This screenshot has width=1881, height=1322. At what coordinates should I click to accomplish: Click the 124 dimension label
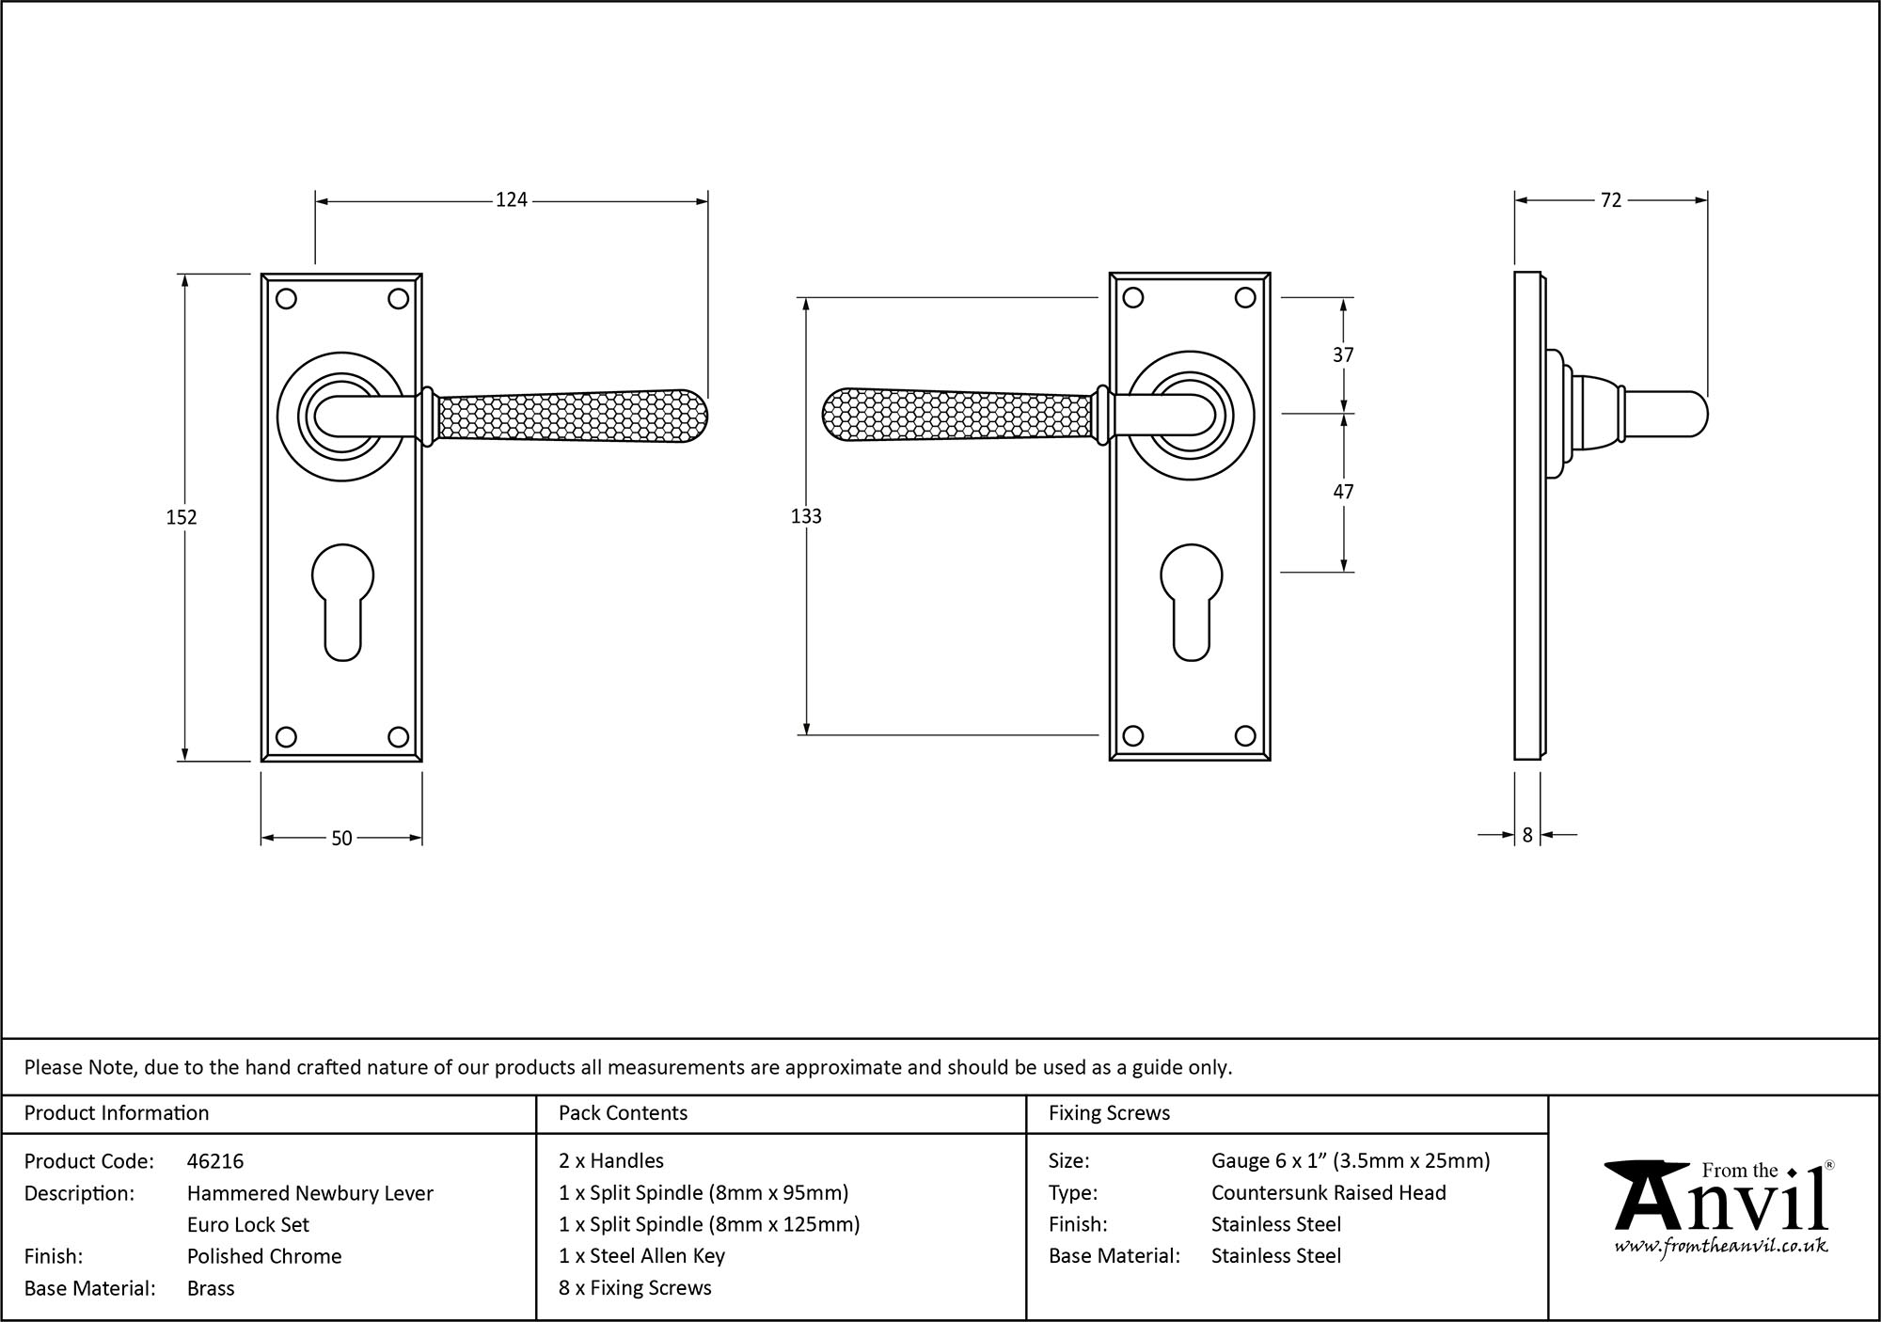pyautogui.click(x=512, y=199)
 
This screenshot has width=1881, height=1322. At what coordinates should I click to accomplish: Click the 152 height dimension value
pyautogui.click(x=182, y=517)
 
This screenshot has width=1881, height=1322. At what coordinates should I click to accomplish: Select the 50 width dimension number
pyautogui.click(x=341, y=838)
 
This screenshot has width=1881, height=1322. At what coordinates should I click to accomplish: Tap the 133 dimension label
pyautogui.click(x=806, y=516)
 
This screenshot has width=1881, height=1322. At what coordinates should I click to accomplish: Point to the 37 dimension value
pyautogui.click(x=1343, y=354)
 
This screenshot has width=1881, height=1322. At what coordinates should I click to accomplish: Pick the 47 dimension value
pyautogui.click(x=1343, y=492)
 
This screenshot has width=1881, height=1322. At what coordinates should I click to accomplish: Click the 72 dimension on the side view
pyautogui.click(x=1610, y=199)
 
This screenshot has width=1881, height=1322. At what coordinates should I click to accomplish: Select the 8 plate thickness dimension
pyautogui.click(x=1527, y=834)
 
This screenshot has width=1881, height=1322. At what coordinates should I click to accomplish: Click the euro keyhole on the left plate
pyautogui.click(x=341, y=602)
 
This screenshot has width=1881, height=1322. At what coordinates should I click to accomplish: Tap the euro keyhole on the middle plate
pyautogui.click(x=1191, y=602)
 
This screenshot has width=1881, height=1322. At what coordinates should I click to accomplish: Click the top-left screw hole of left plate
pyautogui.click(x=287, y=299)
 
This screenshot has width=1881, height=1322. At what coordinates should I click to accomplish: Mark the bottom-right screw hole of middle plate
pyautogui.click(x=1245, y=736)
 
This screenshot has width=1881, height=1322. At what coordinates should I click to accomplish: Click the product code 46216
pyautogui.click(x=215, y=1161)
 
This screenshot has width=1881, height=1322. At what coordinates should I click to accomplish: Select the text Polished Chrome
pyautogui.click(x=264, y=1256)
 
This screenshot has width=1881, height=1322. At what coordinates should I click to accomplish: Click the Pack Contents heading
pyautogui.click(x=623, y=1113)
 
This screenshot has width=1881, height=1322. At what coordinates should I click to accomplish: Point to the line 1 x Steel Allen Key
pyautogui.click(x=641, y=1256)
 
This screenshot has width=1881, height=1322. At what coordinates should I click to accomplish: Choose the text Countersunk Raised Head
pyautogui.click(x=1328, y=1193)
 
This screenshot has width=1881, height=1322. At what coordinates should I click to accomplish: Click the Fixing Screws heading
pyautogui.click(x=1109, y=1113)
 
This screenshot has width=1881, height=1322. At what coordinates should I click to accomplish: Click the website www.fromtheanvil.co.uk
pyautogui.click(x=1720, y=1247)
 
